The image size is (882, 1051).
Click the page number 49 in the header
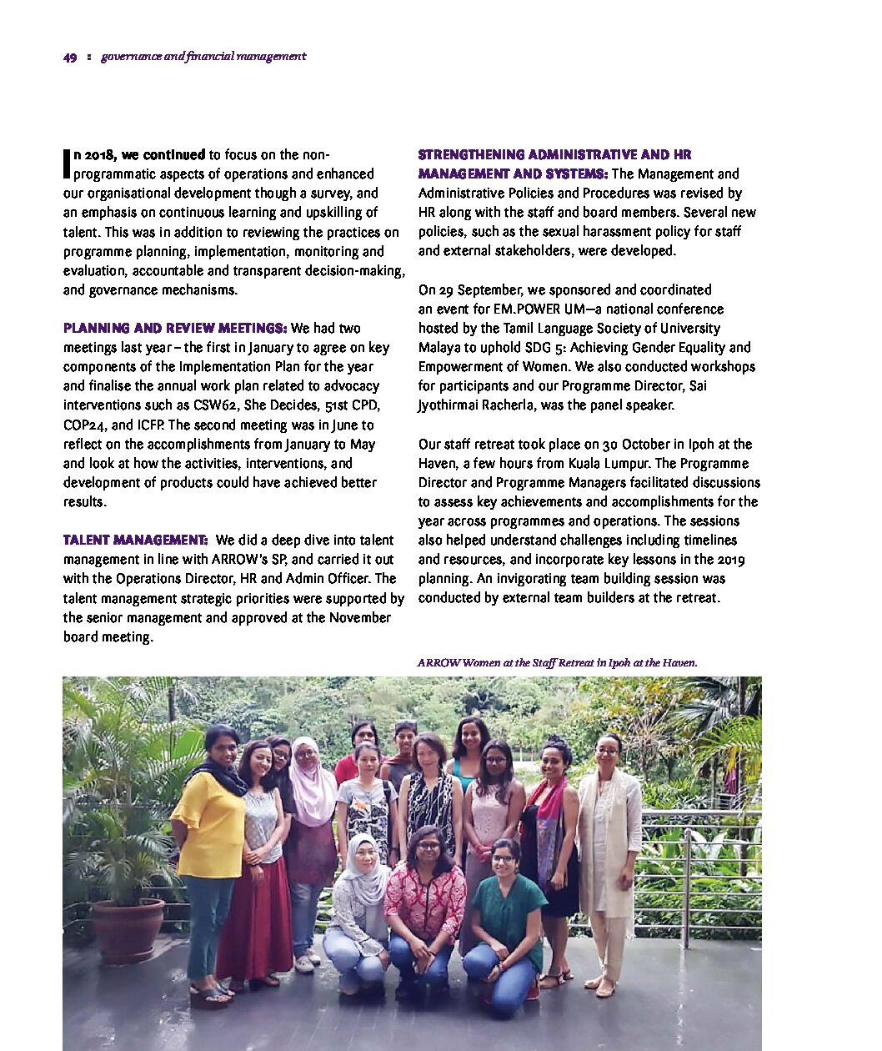[x=70, y=57]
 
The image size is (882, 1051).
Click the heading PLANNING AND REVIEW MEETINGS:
[x=175, y=328]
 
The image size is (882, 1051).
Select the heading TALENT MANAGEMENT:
[x=136, y=540]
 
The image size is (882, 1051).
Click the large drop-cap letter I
[x=67, y=163]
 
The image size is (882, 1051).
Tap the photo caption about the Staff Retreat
[x=557, y=662]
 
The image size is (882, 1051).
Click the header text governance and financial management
[x=203, y=57]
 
